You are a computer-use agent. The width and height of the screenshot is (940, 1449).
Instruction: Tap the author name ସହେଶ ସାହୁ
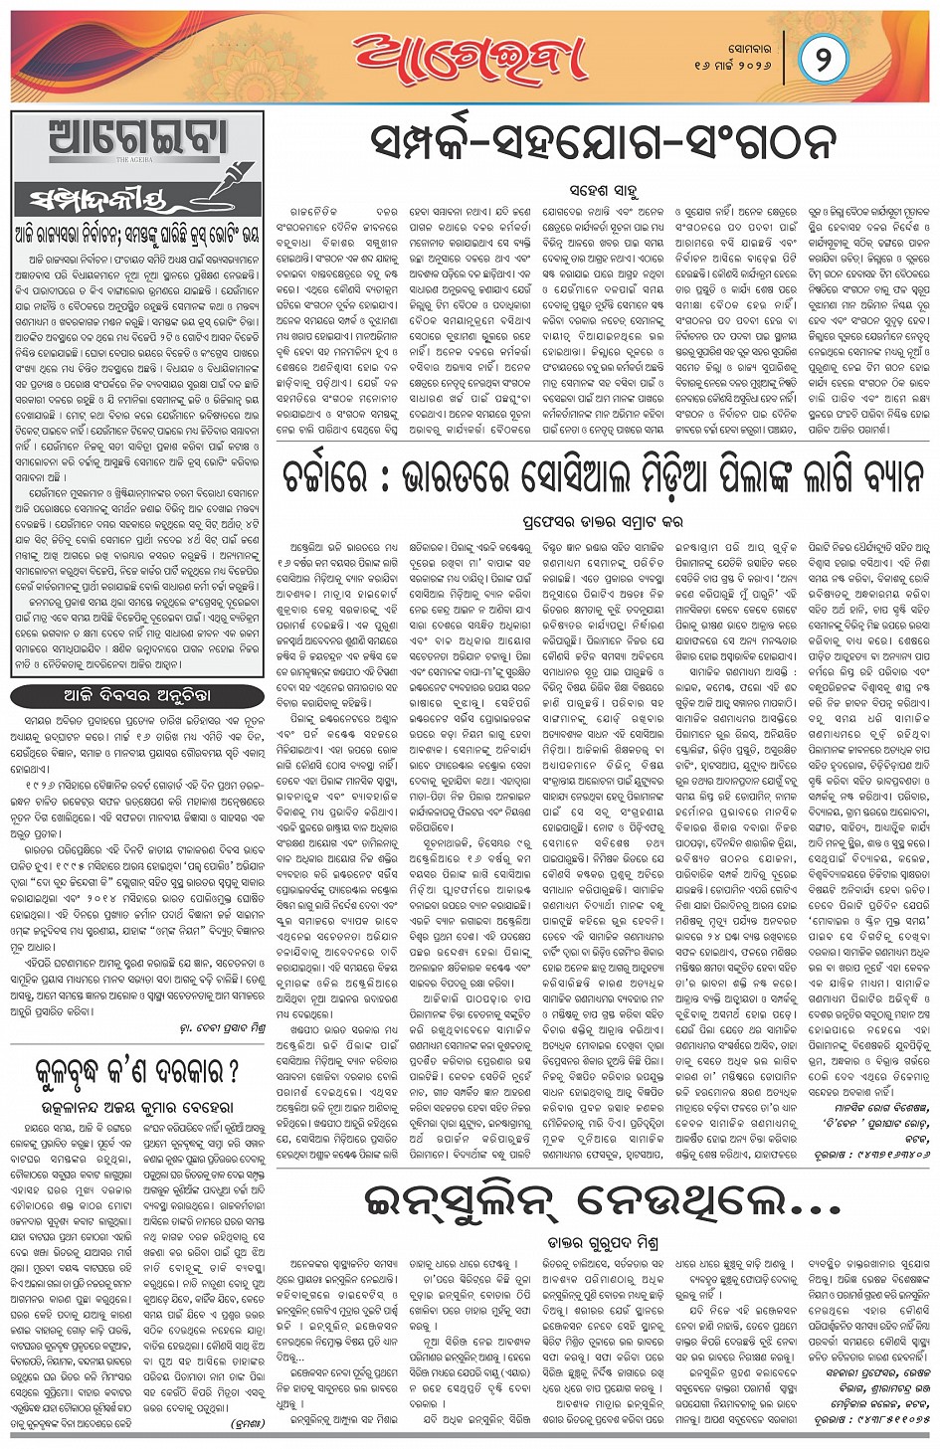(603, 189)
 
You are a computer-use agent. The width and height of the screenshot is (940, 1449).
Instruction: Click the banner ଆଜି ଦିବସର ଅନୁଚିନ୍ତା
(136, 695)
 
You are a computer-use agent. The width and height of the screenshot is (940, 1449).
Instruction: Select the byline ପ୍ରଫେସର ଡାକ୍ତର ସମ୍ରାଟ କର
(603, 521)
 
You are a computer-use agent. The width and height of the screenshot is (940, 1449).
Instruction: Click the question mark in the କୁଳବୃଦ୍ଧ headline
(232, 1072)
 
